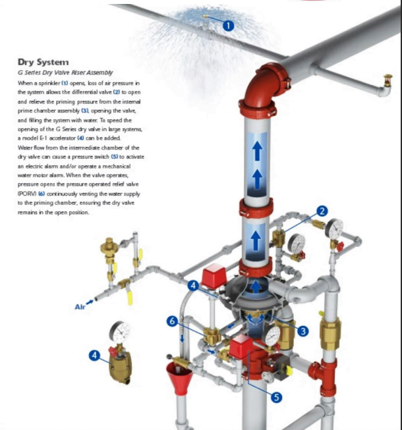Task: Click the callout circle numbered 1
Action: point(228,26)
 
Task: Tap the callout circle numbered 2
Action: point(322,211)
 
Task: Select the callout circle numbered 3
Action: point(303,331)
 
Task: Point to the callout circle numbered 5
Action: point(276,397)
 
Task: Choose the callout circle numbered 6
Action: point(172,321)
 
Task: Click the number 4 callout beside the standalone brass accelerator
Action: point(95,356)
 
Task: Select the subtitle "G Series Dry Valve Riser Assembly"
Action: point(65,72)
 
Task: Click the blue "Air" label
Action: point(80,307)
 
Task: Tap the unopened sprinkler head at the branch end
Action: point(388,80)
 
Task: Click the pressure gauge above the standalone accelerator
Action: point(120,332)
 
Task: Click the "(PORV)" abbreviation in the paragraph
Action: point(27,194)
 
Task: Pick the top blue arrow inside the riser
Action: point(257,151)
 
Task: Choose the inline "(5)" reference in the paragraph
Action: point(115,157)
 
